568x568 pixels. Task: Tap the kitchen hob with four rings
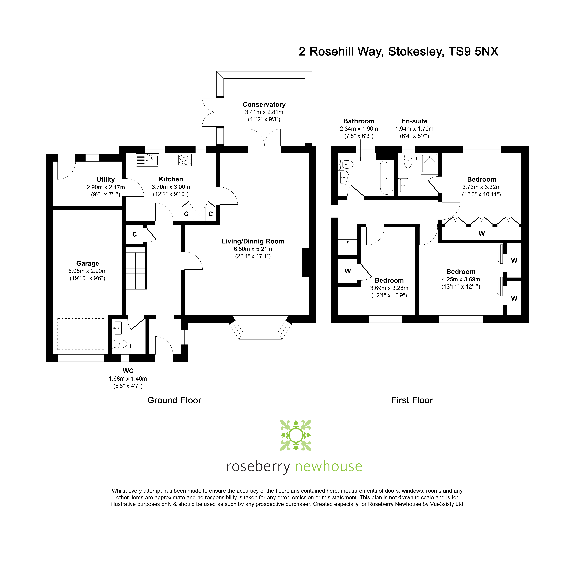coord(185,160)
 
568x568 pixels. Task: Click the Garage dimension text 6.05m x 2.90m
coord(88,271)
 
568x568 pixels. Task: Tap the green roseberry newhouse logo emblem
coord(295,435)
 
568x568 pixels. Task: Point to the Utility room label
coord(106,179)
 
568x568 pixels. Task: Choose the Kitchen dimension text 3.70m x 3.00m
coord(171,187)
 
